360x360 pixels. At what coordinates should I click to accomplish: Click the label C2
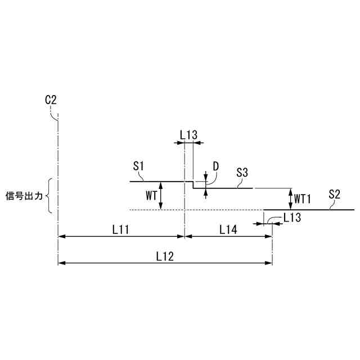coord(51,100)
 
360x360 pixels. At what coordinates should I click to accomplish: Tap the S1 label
coord(138,166)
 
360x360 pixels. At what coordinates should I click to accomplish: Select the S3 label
coord(242,173)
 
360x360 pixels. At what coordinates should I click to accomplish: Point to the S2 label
coord(334,194)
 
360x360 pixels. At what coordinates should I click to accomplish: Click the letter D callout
coord(216,166)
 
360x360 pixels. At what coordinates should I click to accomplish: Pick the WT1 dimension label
coord(303,199)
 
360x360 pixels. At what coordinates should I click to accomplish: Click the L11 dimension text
coord(121,229)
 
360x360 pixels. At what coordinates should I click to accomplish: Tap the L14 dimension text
coord(228,229)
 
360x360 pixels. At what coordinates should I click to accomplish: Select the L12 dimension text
coord(165,256)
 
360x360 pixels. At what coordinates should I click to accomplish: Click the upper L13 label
coord(188,135)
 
